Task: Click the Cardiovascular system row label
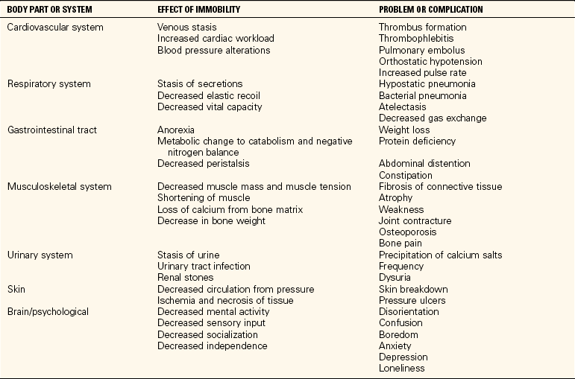pyautogui.click(x=55, y=27)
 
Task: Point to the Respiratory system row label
pyautogui.click(x=48, y=84)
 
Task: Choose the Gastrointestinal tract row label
pyautogui.click(x=51, y=130)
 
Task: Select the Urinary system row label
pyautogui.click(x=40, y=255)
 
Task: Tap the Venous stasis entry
pyautogui.click(x=186, y=27)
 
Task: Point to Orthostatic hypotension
pyautogui.click(x=430, y=61)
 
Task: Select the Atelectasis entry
pyautogui.click(x=403, y=106)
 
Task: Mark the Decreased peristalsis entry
pyautogui.click(x=204, y=164)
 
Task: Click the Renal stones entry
pyautogui.click(x=185, y=278)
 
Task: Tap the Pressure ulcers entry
pyautogui.click(x=412, y=301)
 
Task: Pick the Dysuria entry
pyautogui.click(x=395, y=278)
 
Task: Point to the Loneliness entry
pyautogui.click(x=402, y=369)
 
